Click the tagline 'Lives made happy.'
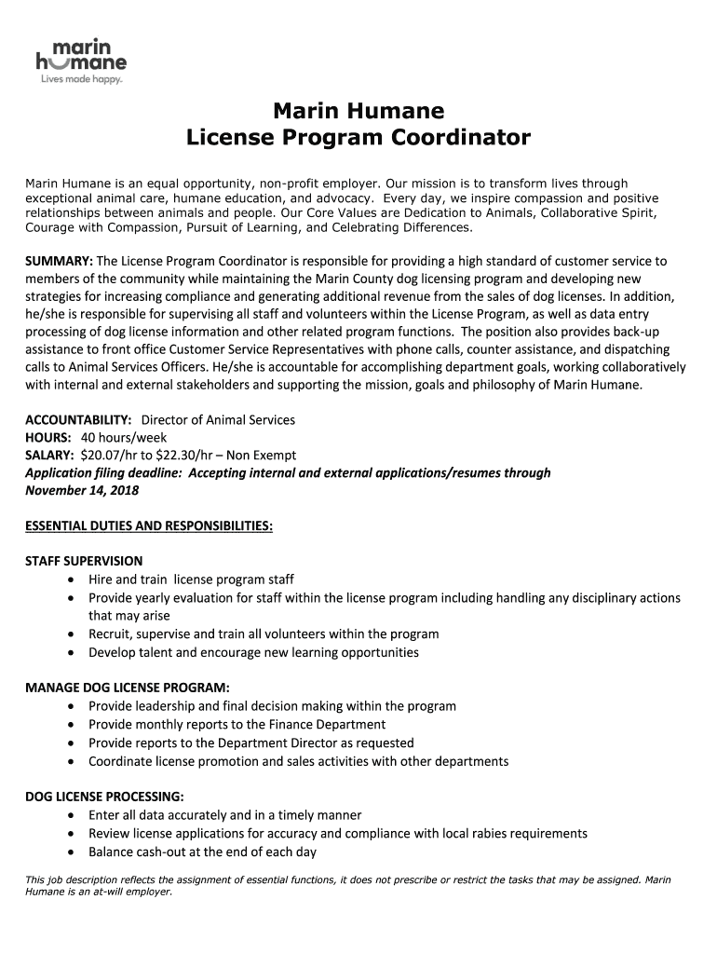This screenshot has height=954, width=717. click(x=80, y=79)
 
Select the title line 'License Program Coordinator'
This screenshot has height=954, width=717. click(x=358, y=139)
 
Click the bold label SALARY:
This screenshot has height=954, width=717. click(x=50, y=456)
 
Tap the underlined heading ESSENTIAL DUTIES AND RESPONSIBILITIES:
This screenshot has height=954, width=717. click(x=149, y=526)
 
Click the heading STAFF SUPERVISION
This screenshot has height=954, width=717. click(x=84, y=561)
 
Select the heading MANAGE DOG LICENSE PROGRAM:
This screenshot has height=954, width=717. click(x=128, y=688)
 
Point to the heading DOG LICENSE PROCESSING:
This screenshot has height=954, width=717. click(x=104, y=797)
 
